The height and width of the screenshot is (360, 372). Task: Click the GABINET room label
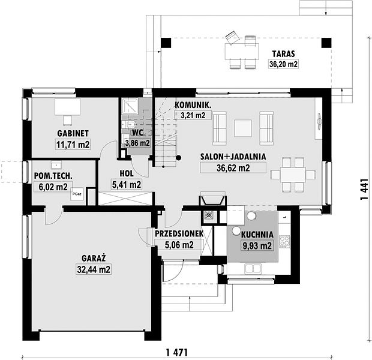click(x=73, y=133)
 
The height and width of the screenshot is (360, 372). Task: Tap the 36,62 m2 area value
click(x=233, y=168)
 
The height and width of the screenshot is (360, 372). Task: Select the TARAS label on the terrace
click(x=284, y=53)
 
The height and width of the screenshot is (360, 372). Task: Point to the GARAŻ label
click(x=94, y=258)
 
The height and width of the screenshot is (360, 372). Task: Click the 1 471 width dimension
click(x=177, y=352)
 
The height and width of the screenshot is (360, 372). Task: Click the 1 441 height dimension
click(x=364, y=189)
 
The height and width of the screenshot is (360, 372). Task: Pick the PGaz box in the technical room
click(x=77, y=194)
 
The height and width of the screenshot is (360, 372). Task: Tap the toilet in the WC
click(x=130, y=124)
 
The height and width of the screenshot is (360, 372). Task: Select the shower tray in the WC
click(x=130, y=107)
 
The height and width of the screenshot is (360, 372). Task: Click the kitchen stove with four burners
click(x=284, y=242)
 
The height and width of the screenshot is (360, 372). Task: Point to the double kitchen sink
click(x=253, y=268)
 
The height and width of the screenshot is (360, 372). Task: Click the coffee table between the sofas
click(x=243, y=128)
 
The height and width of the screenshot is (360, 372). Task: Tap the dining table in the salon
click(x=293, y=175)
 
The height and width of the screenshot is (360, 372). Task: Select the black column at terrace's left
click(x=166, y=43)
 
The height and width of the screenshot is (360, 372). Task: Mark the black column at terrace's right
click(x=326, y=43)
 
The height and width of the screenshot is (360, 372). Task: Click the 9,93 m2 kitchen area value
click(x=256, y=245)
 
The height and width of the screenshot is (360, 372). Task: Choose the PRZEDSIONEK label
click(x=179, y=233)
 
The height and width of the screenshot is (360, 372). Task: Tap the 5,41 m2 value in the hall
click(x=127, y=185)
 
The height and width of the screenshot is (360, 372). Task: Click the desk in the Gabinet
click(x=67, y=107)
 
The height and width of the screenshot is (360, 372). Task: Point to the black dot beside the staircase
click(x=178, y=158)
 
